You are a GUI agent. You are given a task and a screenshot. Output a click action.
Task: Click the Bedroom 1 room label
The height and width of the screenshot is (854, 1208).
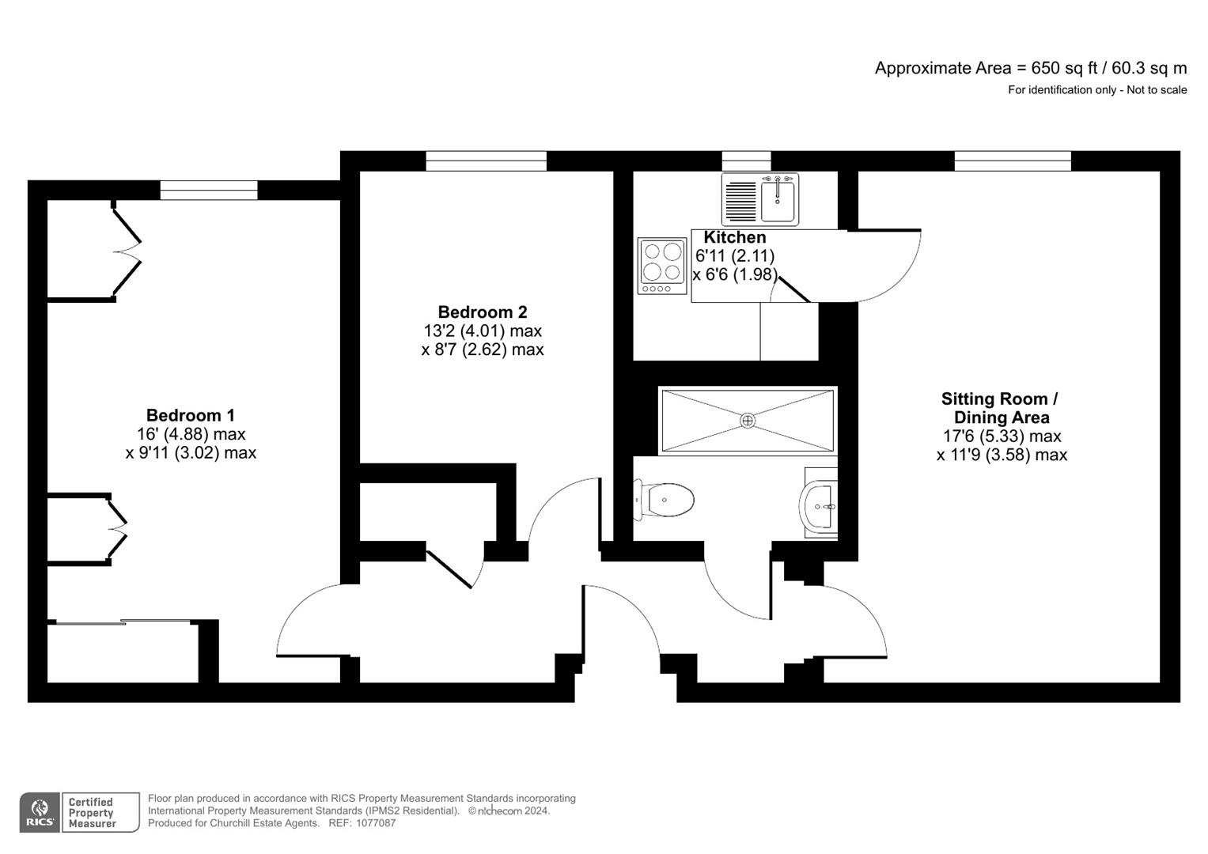pos(190,415)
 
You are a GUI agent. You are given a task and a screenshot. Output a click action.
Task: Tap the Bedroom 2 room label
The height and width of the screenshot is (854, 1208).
pos(482,312)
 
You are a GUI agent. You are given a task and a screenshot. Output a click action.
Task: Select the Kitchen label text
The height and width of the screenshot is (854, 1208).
pos(734,237)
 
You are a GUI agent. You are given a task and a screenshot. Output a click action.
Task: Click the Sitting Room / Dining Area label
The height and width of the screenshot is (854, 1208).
pos(1001,408)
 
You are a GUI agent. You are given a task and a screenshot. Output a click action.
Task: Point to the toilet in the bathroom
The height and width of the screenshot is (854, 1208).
pos(666,500)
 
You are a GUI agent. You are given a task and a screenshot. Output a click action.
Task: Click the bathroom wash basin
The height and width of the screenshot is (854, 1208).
pos(820,504)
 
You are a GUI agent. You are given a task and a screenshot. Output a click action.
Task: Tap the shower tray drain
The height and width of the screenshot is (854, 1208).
pos(747,421)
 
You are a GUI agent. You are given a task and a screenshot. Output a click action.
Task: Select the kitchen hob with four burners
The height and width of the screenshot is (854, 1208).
pos(662,266)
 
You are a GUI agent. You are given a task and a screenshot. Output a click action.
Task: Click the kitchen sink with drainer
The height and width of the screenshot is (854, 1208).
pos(760,199)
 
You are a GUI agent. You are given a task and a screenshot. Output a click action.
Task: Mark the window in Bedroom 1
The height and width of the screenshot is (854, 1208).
pos(209,190)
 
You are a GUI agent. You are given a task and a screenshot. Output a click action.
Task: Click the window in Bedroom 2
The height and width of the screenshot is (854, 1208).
pos(486,161)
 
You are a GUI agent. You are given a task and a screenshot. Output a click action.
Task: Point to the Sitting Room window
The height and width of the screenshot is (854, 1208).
pos(1013,161)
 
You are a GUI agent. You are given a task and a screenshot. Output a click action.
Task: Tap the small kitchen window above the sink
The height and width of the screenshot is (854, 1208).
pos(746,161)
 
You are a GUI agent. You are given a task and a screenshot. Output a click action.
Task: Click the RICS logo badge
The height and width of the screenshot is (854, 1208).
pos(39,812)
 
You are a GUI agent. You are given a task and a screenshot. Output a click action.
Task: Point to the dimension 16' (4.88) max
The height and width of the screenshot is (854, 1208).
pos(191,434)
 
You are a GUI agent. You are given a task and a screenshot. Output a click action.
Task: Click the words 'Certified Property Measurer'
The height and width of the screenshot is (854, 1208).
pos(92,813)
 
